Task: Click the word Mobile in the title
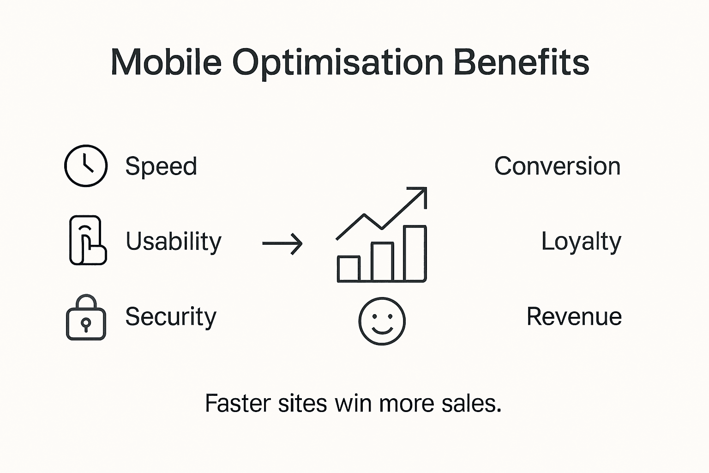(x=166, y=62)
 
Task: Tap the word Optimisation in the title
(x=337, y=63)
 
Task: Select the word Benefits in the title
(x=522, y=62)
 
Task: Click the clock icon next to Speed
(x=86, y=166)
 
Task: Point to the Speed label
(x=161, y=166)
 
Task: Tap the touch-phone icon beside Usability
(x=87, y=240)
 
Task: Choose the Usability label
(x=174, y=242)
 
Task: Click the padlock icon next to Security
(x=86, y=318)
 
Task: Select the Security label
(x=171, y=317)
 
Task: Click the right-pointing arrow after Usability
(x=282, y=243)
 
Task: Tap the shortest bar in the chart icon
(x=348, y=268)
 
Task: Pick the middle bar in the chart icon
(x=382, y=262)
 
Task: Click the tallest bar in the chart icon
(x=415, y=253)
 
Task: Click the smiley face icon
(x=382, y=321)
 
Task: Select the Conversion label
(x=557, y=166)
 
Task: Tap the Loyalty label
(x=581, y=242)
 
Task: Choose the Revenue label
(x=574, y=317)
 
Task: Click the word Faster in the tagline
(x=237, y=403)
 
